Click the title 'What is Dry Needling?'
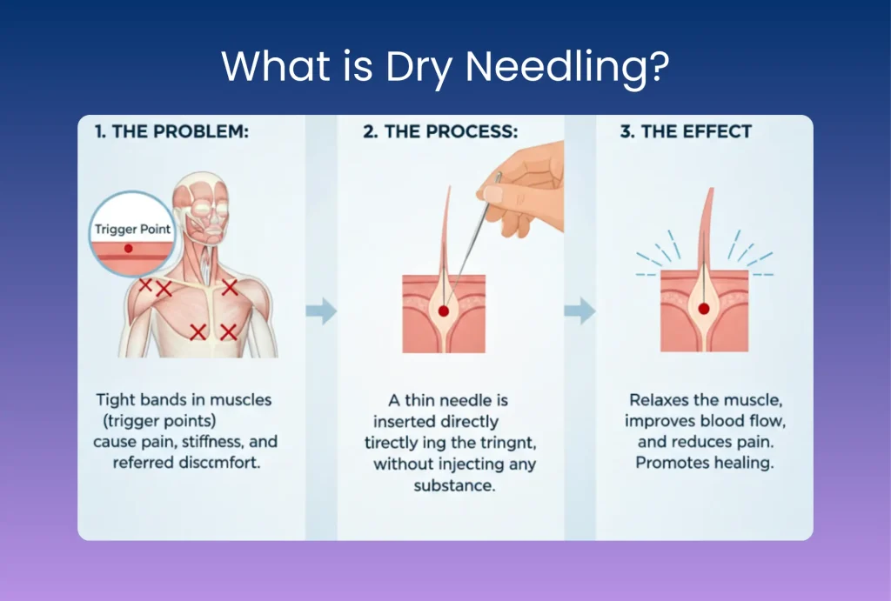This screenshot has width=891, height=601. [445, 66]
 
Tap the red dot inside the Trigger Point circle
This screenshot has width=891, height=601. [129, 250]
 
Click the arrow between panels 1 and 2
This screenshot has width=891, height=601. [321, 311]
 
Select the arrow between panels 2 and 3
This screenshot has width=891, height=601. [578, 311]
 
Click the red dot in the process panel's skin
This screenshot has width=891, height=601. [443, 310]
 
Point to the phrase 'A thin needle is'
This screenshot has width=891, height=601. [447, 401]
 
